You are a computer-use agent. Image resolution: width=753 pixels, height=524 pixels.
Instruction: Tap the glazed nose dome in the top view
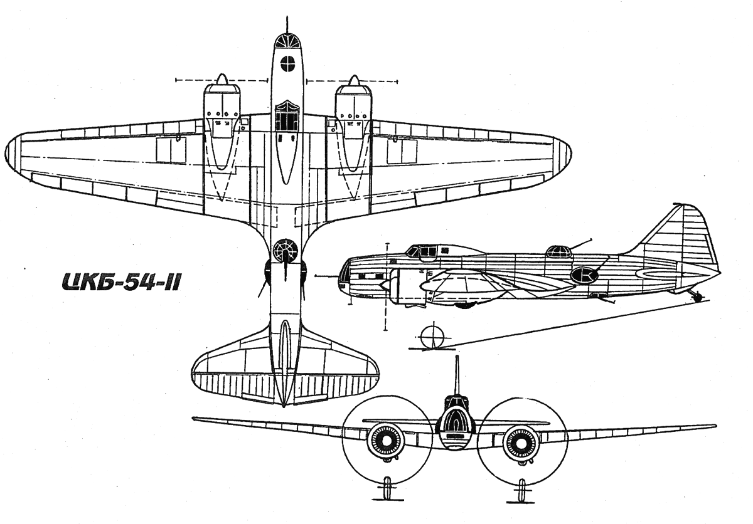(x=287, y=40)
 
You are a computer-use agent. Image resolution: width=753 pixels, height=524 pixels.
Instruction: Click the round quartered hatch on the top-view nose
(x=288, y=63)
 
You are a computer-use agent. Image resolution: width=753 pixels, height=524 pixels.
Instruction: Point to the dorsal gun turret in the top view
(x=286, y=251)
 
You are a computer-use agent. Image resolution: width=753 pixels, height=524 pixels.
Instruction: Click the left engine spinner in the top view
(x=221, y=79)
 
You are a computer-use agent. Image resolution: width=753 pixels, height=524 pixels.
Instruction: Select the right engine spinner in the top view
(x=354, y=80)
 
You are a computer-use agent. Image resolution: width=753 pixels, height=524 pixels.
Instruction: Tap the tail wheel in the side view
(x=697, y=296)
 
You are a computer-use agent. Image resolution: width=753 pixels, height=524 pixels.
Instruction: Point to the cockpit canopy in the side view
(x=424, y=251)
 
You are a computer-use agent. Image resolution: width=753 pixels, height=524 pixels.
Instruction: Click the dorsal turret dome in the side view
(x=558, y=251)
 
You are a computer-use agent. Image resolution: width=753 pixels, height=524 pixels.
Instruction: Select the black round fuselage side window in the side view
(x=585, y=275)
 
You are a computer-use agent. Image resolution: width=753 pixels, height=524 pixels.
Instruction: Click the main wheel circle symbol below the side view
(x=432, y=337)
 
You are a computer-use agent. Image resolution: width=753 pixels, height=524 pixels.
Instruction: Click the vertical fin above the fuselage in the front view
(x=457, y=376)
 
